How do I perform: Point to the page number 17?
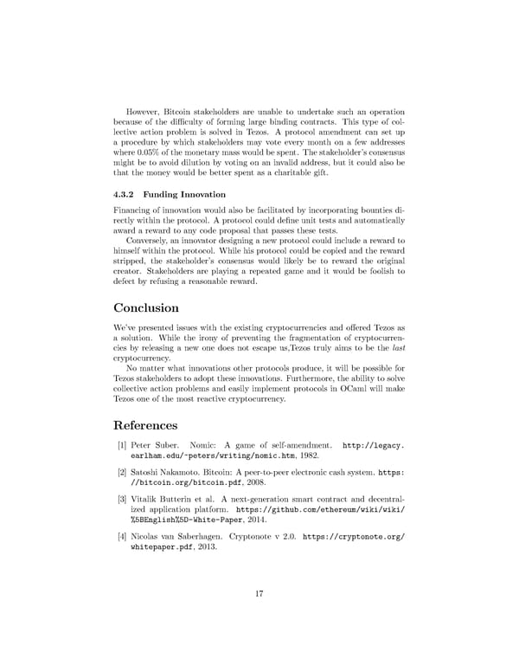pyautogui.click(x=259, y=593)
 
